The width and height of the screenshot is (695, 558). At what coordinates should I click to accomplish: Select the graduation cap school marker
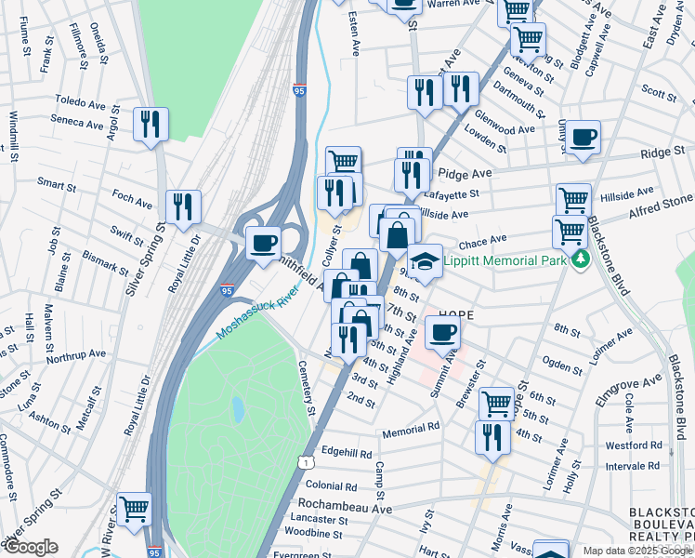point(425,263)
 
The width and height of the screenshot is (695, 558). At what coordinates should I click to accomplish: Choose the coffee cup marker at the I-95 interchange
point(264,243)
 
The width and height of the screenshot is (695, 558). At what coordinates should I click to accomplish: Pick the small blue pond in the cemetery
point(239,407)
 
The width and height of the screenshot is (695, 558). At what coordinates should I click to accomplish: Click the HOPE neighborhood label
point(456,316)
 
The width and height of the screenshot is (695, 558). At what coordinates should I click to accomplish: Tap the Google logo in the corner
point(30,547)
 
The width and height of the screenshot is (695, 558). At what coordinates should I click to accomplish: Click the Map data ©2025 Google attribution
point(636,551)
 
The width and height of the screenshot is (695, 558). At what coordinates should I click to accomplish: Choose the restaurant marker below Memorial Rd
point(492,437)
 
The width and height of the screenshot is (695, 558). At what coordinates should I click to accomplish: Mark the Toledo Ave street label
point(82,100)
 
